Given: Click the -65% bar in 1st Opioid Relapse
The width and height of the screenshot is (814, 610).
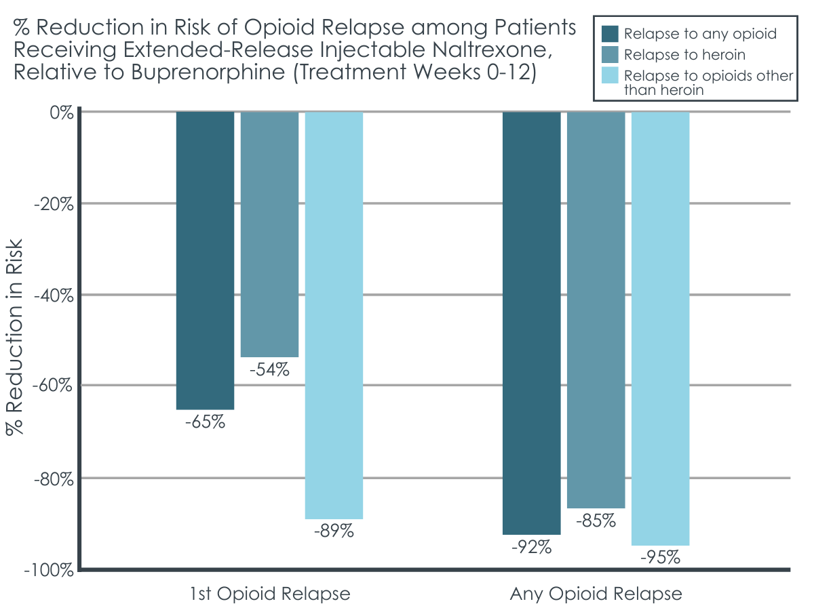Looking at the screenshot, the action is (205, 260).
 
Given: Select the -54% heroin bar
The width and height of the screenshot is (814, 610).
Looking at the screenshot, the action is (269, 235).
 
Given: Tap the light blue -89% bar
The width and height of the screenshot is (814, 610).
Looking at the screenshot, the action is (334, 315).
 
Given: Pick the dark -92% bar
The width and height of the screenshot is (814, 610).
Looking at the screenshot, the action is (531, 323).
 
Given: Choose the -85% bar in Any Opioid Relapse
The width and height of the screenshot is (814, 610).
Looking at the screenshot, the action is (596, 310).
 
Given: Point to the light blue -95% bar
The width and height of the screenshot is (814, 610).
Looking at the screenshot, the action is (661, 329).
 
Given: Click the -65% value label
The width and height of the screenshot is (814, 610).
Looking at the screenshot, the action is (205, 422).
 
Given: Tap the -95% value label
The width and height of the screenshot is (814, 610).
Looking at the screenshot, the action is (661, 557).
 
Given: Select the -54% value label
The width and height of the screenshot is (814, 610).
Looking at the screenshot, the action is (269, 369).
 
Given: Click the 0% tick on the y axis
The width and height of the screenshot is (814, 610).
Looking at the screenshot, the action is (62, 113).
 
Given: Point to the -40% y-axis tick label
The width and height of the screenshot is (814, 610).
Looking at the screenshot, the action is (54, 296).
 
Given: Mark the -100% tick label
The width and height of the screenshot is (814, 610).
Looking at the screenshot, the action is (49, 571).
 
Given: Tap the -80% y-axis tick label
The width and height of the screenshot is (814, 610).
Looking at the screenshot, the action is (54, 479).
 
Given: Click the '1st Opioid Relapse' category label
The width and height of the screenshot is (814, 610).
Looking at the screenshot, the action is (270, 593).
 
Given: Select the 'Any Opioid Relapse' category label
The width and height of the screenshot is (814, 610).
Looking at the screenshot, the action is (596, 593).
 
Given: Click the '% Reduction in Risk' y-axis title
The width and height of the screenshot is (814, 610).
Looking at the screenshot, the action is (15, 337).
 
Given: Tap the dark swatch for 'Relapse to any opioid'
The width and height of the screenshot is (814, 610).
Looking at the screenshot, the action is (610, 34).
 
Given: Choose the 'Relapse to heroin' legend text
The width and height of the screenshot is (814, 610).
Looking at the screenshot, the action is (684, 55).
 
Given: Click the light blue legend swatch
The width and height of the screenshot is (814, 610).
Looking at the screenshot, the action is (610, 75).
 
